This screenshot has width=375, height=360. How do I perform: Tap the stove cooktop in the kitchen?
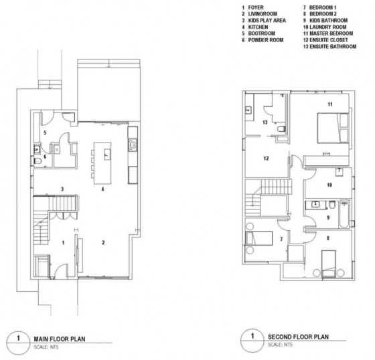point(133,143)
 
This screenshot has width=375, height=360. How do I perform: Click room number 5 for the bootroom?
point(44,133)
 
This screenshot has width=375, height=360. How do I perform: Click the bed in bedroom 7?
point(258,240)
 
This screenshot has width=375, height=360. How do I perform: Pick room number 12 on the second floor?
point(265,159)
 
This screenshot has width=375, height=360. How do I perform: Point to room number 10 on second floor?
point(329,184)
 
